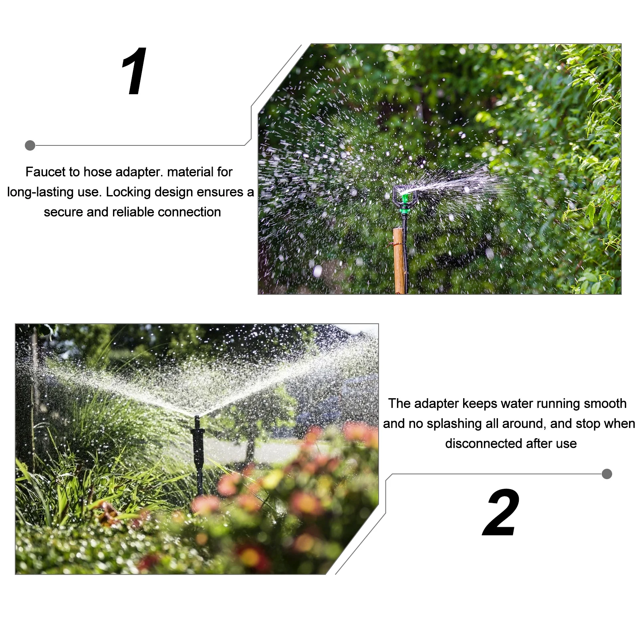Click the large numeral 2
(x=501, y=512)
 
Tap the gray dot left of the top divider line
(x=30, y=145)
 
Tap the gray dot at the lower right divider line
(x=607, y=474)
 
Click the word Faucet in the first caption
(x=45, y=172)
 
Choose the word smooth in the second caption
(x=605, y=403)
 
